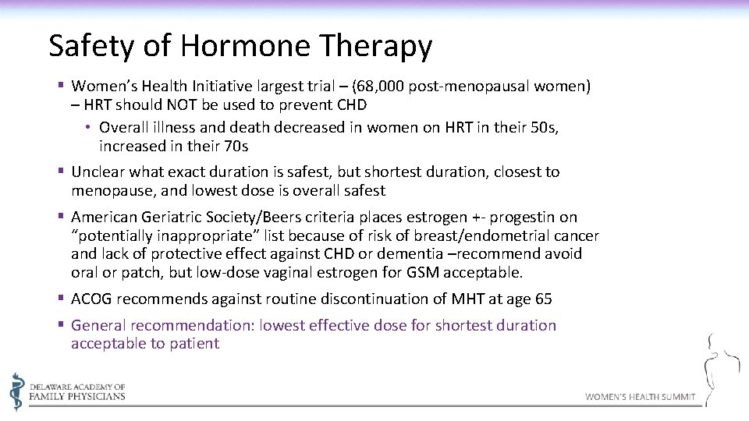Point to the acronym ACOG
pos(91,299)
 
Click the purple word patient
pos(193,344)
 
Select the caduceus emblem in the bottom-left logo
pos(17,391)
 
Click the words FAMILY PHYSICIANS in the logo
pos(76,396)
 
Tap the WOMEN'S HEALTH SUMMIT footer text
pos(640,397)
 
